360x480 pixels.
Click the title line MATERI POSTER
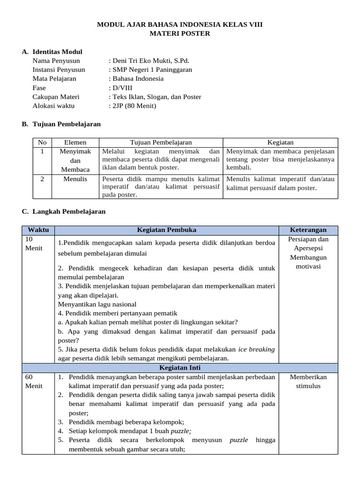(180, 34)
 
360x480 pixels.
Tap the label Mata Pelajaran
(54, 79)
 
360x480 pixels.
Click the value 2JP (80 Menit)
(133, 105)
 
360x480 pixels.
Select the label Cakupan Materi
(56, 97)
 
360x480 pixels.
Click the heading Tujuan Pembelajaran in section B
(67, 124)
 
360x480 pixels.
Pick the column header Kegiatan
(280, 142)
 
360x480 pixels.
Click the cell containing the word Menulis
(75, 179)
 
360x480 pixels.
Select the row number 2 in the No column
(42, 179)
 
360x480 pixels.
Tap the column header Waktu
(38, 230)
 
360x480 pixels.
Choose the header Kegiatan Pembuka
(166, 230)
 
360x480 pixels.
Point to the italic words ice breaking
(256, 349)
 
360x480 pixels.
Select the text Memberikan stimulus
(308, 382)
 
